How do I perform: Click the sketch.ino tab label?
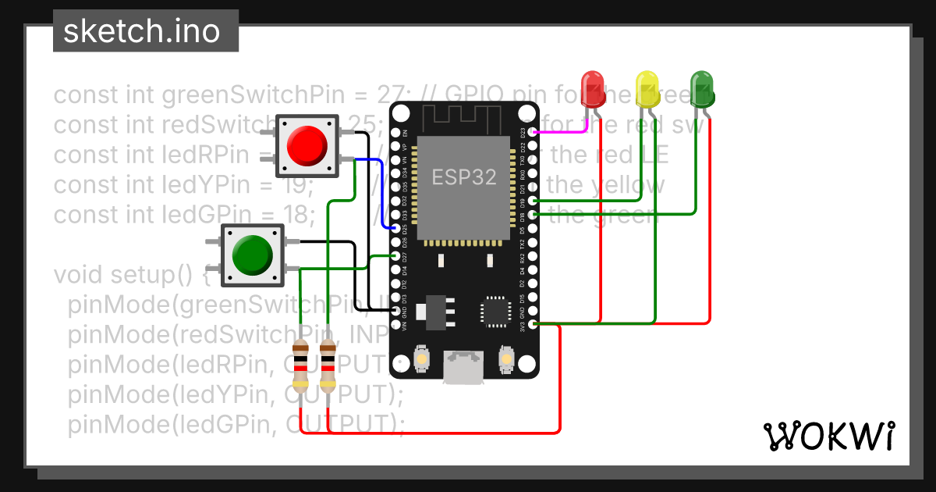click(141, 31)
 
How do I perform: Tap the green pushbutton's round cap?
click(250, 254)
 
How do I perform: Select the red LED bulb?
click(594, 89)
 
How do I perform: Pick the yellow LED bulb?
click(647, 88)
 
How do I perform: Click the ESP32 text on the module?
click(465, 177)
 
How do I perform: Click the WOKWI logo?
click(828, 436)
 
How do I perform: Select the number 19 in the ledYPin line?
click(299, 185)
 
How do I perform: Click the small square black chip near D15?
click(495, 310)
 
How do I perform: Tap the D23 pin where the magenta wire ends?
click(533, 132)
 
